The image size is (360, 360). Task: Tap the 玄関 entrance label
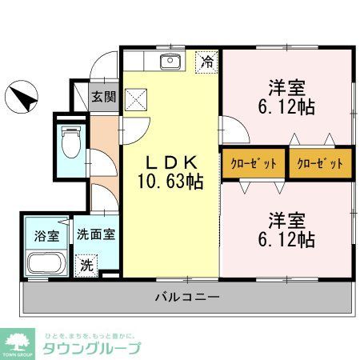coord(102,98)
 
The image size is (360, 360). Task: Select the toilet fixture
coord(71,142)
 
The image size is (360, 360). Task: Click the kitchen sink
coord(170,62)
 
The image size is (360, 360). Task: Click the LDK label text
coord(169,159)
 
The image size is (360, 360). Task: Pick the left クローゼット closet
coord(254,163)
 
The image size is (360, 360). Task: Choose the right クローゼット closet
coord(320,163)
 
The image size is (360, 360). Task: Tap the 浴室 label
coord(46,236)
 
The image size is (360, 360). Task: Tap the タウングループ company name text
coord(92,348)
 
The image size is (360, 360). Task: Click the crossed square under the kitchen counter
coord(137,100)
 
